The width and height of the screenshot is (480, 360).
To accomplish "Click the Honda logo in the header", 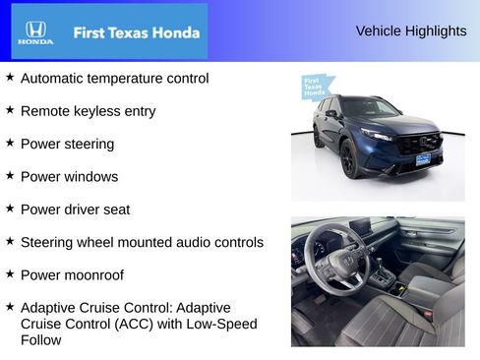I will click(x=35, y=31).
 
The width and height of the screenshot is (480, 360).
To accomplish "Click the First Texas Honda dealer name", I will click(x=136, y=32).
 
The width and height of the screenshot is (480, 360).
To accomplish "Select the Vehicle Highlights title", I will click(x=410, y=31).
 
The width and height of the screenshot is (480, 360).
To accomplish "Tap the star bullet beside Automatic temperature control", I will click(x=10, y=77).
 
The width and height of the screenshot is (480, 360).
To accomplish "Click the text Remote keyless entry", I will click(x=88, y=111).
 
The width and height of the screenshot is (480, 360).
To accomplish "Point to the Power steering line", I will click(x=67, y=144).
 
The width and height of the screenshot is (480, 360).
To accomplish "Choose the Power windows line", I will click(x=69, y=177).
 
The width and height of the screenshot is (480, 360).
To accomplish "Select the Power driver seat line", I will click(x=75, y=210).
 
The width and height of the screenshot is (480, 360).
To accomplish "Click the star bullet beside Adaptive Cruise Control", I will click(x=10, y=306).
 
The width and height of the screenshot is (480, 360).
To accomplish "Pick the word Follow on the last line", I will click(x=40, y=340).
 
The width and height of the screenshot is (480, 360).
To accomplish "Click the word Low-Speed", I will click(x=218, y=324).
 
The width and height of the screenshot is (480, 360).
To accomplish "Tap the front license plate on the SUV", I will click(x=422, y=157).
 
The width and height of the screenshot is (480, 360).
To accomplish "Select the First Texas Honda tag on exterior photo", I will click(x=314, y=88).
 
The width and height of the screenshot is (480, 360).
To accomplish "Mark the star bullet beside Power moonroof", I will click(x=10, y=274).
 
